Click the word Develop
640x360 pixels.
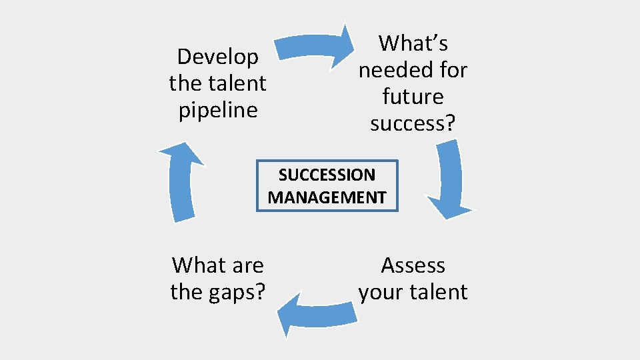pyautogui.click(x=218, y=57)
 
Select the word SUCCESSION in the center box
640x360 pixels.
pyautogui.click(x=327, y=175)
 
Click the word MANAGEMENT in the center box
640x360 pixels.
pyautogui.click(x=327, y=197)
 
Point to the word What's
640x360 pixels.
pyautogui.click(x=413, y=43)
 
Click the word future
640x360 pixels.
pyautogui.click(x=413, y=97)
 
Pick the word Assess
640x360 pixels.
pyautogui.click(x=413, y=265)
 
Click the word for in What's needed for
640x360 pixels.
pyautogui.click(x=453, y=70)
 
